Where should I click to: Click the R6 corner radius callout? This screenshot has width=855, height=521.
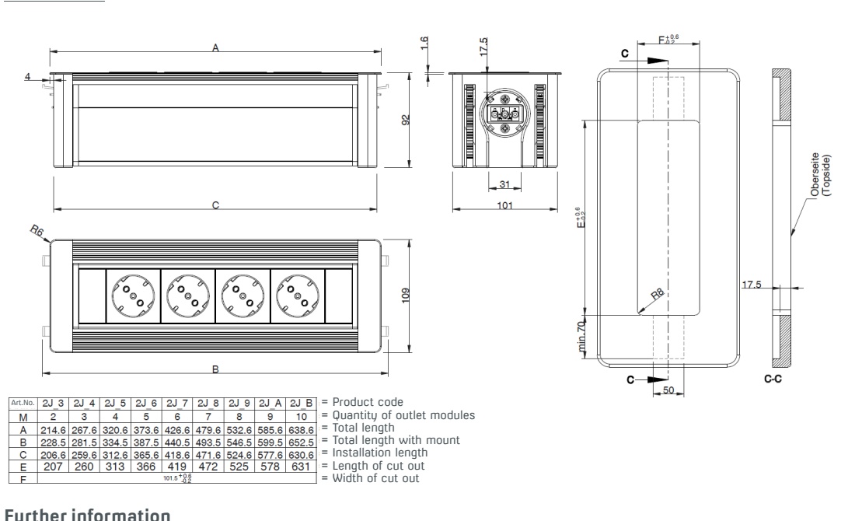click(37, 231)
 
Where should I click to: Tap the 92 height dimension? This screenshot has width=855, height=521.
click(406, 120)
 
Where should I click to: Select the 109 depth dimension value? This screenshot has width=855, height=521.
click(406, 295)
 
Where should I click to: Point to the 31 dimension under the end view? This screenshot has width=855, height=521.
click(504, 184)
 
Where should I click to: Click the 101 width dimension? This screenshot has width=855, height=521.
click(505, 205)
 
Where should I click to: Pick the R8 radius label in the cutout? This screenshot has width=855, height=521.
click(658, 294)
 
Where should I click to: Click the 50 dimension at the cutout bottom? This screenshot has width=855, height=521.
click(668, 390)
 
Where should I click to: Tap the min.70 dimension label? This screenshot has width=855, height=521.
click(582, 336)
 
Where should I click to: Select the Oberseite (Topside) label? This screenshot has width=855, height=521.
click(821, 175)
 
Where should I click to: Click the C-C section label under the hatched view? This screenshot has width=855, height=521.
click(773, 379)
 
